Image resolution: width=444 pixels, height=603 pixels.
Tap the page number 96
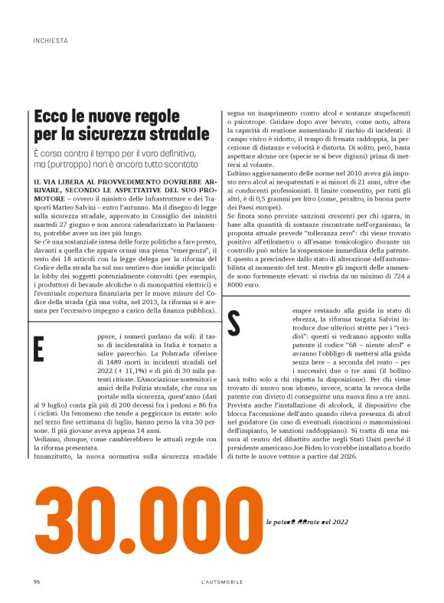tap(37, 582)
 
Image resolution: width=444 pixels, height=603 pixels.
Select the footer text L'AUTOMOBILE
tap(221, 582)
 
